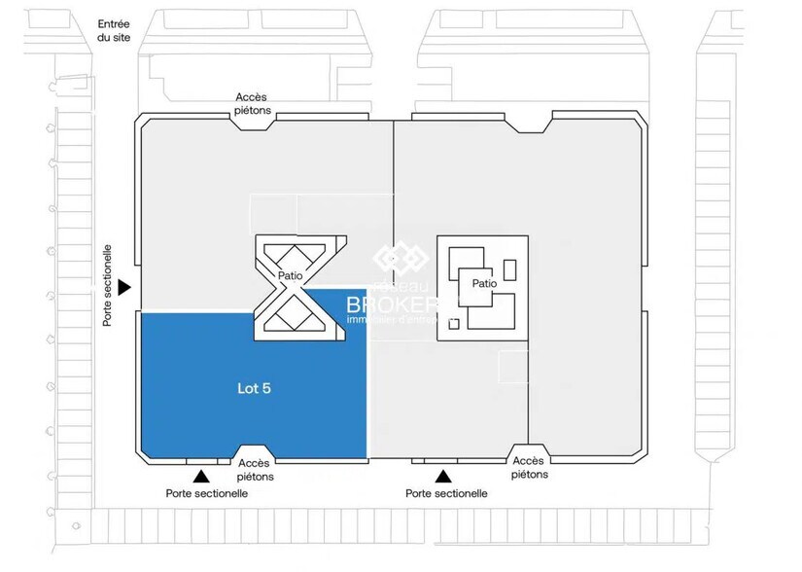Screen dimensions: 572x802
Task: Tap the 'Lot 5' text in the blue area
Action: coord(254,387)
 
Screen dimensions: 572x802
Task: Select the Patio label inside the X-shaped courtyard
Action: coord(289,276)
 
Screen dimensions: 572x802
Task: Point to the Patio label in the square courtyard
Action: coord(485,284)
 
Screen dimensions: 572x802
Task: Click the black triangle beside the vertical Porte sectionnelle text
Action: coord(124,288)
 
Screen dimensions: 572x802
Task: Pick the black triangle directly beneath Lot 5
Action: coord(201,476)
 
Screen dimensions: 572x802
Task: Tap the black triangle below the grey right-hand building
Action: coord(443,476)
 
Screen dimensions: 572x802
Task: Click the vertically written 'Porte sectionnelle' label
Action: coord(108,285)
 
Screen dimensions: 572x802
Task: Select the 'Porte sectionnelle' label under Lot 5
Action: coord(206,494)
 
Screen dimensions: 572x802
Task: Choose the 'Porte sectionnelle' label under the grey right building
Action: coord(446,494)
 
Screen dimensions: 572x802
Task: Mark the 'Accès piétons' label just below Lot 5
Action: coord(255,470)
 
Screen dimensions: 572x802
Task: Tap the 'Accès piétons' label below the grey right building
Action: coord(530,468)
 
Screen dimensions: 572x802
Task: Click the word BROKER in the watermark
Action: coord(394,304)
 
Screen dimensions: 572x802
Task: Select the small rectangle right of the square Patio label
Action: coord(509,269)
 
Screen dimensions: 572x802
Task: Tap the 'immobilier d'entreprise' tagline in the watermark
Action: coord(394,320)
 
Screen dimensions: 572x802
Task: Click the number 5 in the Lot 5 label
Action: coord(266,387)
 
